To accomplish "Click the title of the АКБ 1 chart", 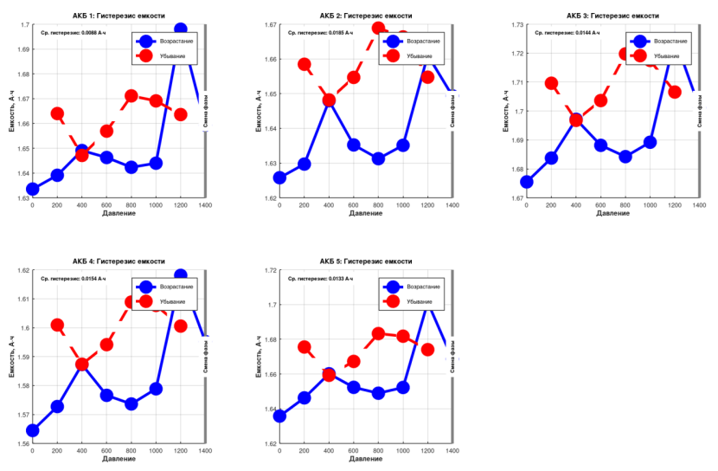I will [x=119, y=16].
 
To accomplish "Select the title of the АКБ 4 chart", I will [x=119, y=261].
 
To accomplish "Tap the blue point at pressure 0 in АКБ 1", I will [x=33, y=189].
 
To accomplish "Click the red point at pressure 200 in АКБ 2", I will [x=305, y=64].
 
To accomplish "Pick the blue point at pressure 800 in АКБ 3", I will [x=625, y=157].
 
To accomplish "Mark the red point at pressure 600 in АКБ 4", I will [x=106, y=344].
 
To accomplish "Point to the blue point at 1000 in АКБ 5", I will [x=403, y=387].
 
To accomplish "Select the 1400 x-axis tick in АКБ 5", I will [x=452, y=451].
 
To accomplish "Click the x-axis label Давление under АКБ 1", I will [x=119, y=213].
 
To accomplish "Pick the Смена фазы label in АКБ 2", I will [x=452, y=111].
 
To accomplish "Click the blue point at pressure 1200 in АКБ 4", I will [x=181, y=275].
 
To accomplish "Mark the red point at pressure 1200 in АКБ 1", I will [x=181, y=114].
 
